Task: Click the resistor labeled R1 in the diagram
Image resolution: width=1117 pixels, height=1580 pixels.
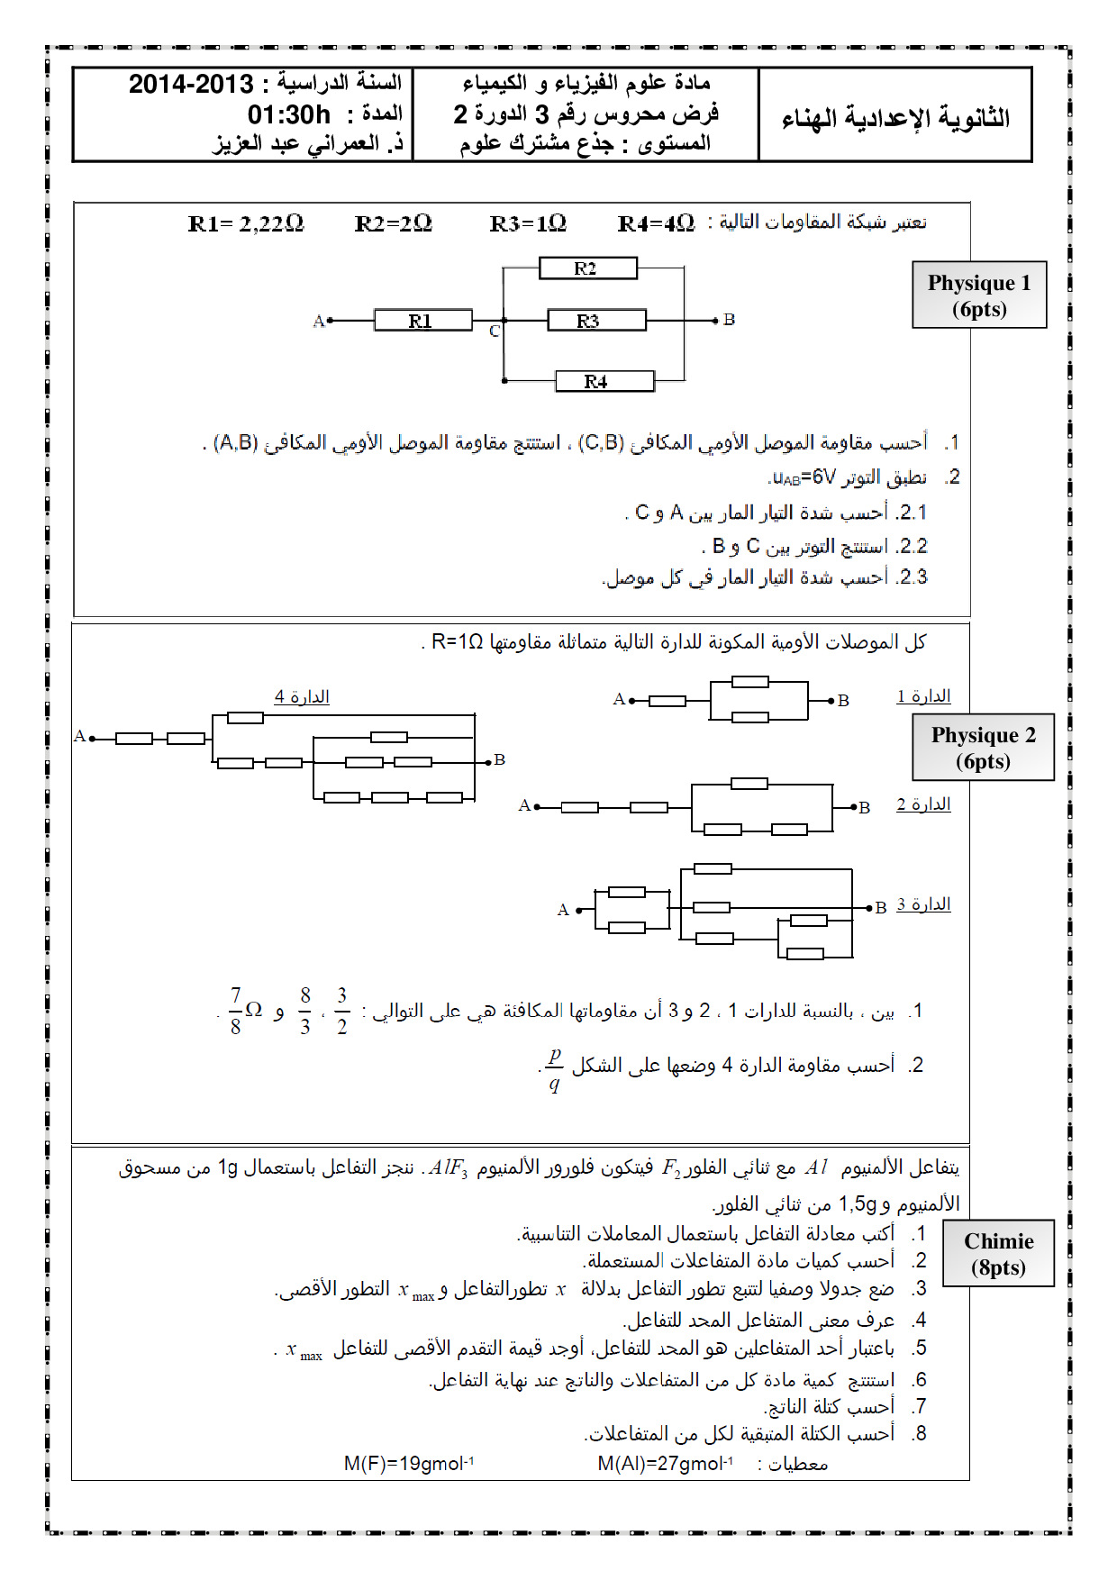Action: point(422,321)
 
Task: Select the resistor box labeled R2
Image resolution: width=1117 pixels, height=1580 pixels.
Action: point(587,268)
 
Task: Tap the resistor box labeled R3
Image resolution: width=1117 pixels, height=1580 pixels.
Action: point(596,321)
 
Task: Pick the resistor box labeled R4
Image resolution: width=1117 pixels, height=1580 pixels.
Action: point(604,381)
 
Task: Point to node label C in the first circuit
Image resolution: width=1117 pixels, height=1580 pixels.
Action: point(494,332)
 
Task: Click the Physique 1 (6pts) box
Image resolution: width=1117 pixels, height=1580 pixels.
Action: point(979,295)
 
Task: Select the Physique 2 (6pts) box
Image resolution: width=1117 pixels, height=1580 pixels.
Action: point(983,748)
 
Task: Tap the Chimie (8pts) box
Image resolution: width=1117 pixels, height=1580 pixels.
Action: point(998,1254)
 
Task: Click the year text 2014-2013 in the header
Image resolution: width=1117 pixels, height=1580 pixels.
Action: point(191,85)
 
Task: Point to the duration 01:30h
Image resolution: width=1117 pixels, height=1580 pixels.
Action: point(289,115)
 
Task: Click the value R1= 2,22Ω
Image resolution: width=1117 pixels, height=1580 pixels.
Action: point(246,224)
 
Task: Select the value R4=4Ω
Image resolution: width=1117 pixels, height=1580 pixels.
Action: point(656,224)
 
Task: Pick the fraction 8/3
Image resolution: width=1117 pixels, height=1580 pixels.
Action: point(305,1011)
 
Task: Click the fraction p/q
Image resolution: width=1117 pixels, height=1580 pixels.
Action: point(554,1067)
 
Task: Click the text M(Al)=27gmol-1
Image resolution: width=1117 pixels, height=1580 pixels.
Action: point(665,1463)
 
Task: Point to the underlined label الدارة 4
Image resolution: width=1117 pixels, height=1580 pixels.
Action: point(302,697)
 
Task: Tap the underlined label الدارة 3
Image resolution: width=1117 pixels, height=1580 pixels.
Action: point(923,904)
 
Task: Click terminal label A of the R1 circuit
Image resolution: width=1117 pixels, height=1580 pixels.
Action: point(318,322)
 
